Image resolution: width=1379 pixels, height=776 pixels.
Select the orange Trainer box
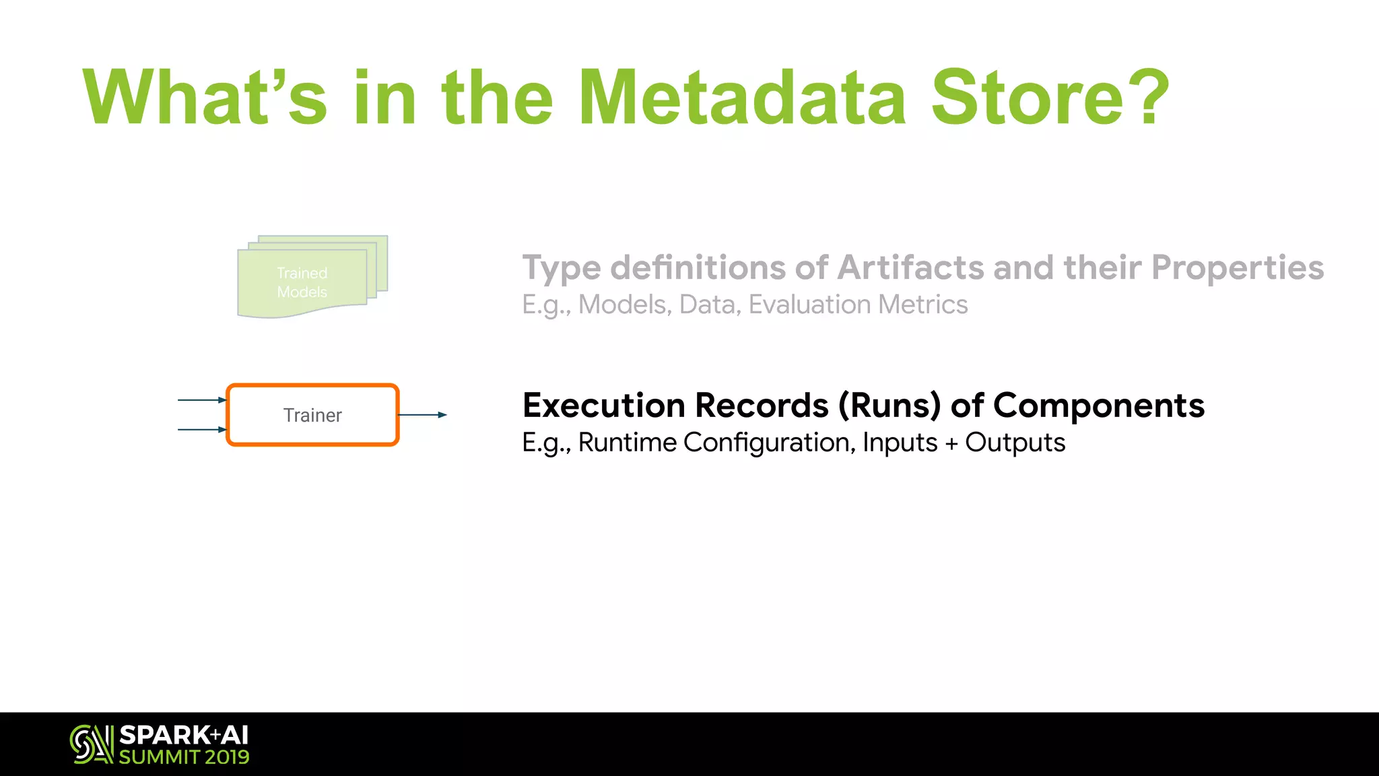(x=313, y=415)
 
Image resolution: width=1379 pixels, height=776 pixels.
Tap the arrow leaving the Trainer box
(x=423, y=415)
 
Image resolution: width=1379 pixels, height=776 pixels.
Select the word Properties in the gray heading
(x=1237, y=267)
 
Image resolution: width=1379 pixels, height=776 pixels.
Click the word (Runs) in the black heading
(x=889, y=406)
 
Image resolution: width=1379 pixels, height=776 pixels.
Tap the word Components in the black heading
(x=1098, y=406)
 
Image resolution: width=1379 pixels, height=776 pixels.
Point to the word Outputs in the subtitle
(x=1015, y=443)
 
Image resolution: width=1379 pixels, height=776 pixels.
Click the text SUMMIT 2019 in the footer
(x=184, y=757)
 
